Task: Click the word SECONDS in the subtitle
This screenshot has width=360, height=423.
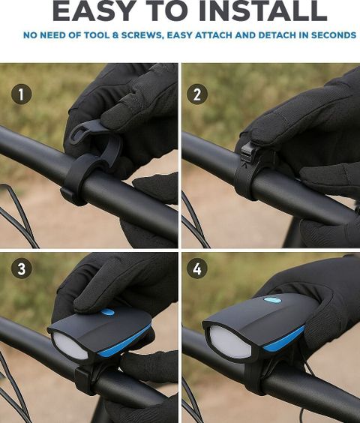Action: pyautogui.click(x=334, y=35)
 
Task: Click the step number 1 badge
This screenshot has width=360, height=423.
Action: pyautogui.click(x=21, y=94)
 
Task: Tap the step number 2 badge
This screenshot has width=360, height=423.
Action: pyautogui.click(x=197, y=94)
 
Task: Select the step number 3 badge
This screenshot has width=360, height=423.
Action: pyautogui.click(x=21, y=268)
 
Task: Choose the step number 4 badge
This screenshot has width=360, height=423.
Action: pyautogui.click(x=197, y=268)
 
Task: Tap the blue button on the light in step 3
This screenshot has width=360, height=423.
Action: pyautogui.click(x=107, y=313)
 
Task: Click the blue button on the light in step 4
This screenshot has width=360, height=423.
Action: pyautogui.click(x=272, y=299)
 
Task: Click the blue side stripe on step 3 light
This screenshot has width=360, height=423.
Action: pyautogui.click(x=124, y=341)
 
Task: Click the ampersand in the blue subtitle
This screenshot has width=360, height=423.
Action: pyautogui.click(x=115, y=35)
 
